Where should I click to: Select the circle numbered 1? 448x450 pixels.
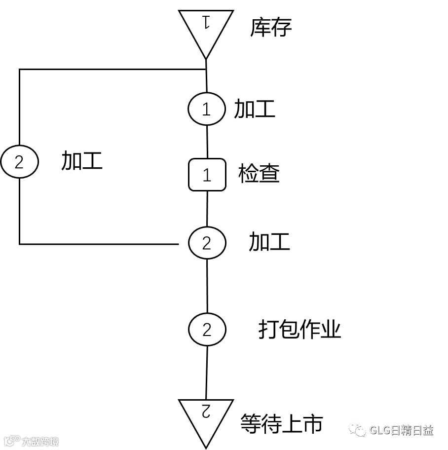point(206,109)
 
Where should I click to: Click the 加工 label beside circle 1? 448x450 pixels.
point(254,109)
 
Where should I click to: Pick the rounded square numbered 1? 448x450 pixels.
point(207,175)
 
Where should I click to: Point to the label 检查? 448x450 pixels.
point(259,174)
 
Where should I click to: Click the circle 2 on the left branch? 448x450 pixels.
point(19,162)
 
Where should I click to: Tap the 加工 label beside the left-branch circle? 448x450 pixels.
point(82,161)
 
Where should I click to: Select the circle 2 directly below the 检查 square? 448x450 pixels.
point(207,243)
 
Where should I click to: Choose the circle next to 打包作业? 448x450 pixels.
point(207,329)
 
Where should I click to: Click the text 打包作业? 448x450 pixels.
point(300,329)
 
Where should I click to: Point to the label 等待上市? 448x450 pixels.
point(282,423)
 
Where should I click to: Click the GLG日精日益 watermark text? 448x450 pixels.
point(401,430)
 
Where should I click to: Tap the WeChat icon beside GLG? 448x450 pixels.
point(358,430)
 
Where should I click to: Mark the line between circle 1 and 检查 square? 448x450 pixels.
point(207,142)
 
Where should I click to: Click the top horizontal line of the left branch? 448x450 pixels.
point(109,70)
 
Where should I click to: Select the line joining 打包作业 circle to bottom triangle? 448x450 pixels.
point(207,373)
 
